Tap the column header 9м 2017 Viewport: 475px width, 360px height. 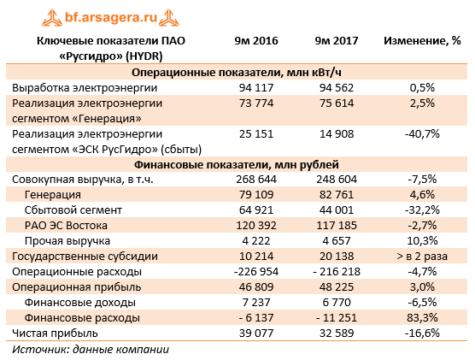(x=334, y=41)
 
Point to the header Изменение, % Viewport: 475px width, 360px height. (x=422, y=41)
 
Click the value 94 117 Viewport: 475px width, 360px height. (x=256, y=87)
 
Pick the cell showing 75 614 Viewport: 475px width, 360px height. (x=335, y=103)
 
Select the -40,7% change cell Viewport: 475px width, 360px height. (x=422, y=133)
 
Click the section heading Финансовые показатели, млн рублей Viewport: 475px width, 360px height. (x=237, y=164)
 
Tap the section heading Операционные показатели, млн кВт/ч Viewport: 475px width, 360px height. (x=237, y=72)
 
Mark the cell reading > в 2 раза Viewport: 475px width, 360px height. (x=422, y=256)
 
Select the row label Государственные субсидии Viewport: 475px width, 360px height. (x=81, y=256)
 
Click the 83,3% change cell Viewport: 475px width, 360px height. (x=422, y=317)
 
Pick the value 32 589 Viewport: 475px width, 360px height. (x=335, y=333)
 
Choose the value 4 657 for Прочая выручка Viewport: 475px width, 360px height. (x=335, y=240)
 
